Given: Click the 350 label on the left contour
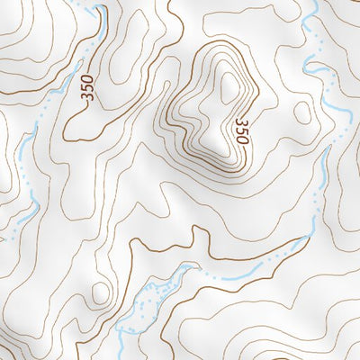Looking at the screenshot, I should [x=86, y=89].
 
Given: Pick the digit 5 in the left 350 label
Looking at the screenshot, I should [x=86, y=89].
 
